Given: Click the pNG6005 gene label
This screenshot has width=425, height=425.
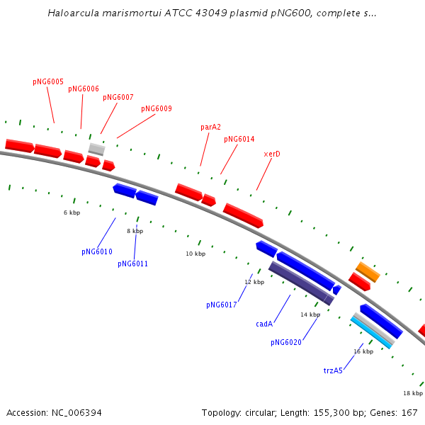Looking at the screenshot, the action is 48,82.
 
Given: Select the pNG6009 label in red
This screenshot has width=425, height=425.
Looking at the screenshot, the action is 157,108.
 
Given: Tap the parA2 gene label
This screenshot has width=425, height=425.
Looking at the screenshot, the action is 210,127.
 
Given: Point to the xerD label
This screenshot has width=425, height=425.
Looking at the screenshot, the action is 272,154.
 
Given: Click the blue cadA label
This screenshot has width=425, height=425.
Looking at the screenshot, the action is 264,324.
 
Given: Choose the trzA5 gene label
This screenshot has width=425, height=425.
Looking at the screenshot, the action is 333,370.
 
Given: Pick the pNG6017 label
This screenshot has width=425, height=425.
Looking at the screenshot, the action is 222,305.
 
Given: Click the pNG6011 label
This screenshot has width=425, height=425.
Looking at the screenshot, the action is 133,263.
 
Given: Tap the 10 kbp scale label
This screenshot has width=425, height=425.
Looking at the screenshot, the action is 195,254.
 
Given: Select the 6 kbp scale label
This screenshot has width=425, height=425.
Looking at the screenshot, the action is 72,212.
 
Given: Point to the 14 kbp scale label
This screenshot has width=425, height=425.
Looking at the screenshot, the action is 310,314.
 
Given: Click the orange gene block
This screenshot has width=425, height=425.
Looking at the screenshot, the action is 368,272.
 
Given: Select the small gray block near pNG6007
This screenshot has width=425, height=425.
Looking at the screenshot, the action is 97,149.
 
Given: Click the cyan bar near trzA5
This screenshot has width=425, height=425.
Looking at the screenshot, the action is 370,333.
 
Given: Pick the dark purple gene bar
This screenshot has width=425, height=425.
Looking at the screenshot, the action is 302,283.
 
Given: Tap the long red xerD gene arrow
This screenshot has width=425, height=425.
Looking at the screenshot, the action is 243,215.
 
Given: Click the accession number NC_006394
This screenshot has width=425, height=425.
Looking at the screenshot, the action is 76,413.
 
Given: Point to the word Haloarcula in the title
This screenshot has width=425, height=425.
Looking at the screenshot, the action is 74,13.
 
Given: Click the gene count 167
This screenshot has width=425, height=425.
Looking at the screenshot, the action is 409,412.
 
